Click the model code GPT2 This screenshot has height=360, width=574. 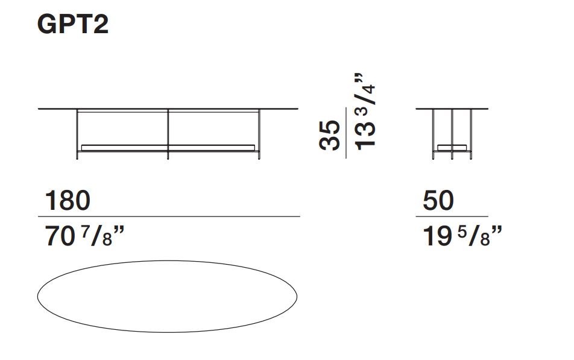pos(73,25)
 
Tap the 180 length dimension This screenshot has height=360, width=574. pos(68,200)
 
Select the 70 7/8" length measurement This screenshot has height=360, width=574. pos(84,236)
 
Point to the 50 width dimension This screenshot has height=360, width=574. pos(438,200)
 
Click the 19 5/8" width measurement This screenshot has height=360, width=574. pos(462,236)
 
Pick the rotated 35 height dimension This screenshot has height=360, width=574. pos(329,134)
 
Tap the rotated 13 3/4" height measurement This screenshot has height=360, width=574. pos(365,112)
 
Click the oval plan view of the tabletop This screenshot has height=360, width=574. pos(167,261)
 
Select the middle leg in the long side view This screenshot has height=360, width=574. pos(168,134)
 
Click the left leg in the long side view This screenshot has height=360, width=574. pos(77,134)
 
